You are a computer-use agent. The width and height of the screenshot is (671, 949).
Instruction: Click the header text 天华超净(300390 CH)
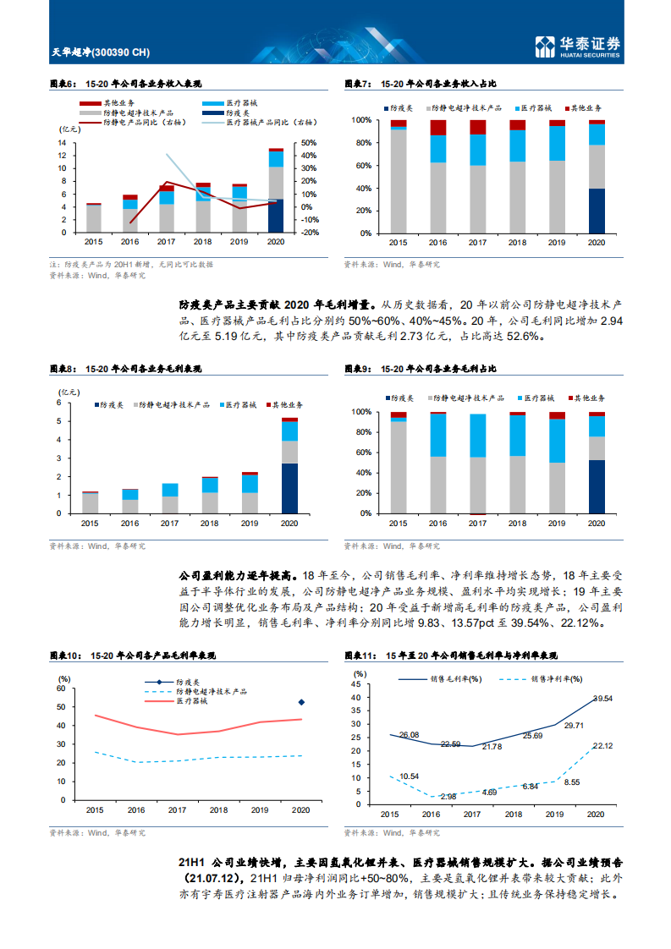point(100,53)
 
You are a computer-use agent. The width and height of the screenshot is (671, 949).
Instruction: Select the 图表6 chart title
point(125,85)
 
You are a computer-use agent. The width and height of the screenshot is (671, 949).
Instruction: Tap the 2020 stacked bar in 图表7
point(597,176)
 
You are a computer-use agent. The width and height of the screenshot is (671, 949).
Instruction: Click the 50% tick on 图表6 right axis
point(309,143)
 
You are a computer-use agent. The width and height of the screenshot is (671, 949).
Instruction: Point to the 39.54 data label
point(602,699)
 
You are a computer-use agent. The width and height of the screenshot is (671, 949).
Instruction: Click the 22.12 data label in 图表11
point(602,746)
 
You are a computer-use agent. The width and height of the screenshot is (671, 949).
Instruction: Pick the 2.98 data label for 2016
point(448,797)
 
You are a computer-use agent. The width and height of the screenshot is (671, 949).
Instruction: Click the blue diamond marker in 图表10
point(301,702)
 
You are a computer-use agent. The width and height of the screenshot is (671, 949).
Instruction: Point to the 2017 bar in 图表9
point(478,463)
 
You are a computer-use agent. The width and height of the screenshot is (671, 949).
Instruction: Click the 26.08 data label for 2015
point(410,735)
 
